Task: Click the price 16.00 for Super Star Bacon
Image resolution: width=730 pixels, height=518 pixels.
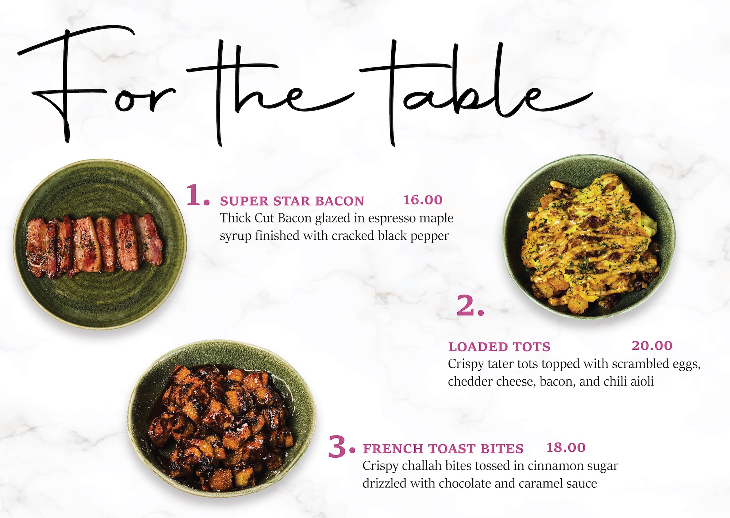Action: [x=423, y=200]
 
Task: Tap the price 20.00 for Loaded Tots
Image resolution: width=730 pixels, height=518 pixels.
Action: [x=652, y=345]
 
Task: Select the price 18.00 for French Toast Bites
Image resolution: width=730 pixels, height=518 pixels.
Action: [x=566, y=448]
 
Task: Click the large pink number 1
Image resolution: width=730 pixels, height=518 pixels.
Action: [x=198, y=195]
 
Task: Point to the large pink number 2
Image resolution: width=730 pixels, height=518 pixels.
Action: [x=470, y=305]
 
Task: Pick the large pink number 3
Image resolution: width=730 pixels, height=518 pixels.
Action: [x=341, y=447]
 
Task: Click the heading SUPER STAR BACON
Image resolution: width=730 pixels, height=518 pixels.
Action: [x=292, y=201]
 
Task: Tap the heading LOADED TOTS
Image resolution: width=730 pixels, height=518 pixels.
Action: [x=499, y=347]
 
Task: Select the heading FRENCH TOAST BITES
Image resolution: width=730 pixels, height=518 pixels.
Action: [x=443, y=449]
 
